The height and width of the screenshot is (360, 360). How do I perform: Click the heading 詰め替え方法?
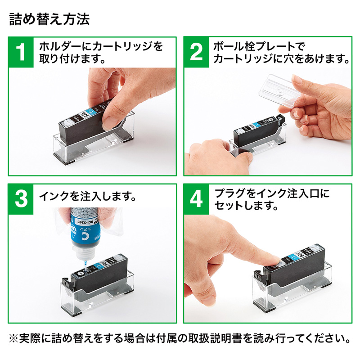(49, 19)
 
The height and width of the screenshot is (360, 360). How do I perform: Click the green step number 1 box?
(21, 52)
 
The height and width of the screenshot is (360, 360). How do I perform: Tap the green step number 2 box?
(196, 52)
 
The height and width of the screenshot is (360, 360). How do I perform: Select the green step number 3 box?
(21, 199)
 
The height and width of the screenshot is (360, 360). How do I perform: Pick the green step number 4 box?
(196, 199)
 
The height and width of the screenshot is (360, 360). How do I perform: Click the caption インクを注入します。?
(88, 197)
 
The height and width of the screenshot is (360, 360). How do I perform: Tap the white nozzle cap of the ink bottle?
(83, 254)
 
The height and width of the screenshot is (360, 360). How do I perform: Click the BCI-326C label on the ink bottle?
(85, 222)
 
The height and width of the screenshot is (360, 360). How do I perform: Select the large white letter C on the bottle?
(85, 237)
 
